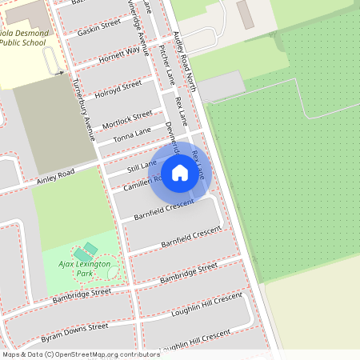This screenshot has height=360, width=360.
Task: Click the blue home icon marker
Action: [x=180, y=172]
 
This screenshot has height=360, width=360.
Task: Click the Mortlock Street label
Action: [x=127, y=119]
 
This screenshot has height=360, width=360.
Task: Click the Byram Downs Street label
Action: [x=74, y=330]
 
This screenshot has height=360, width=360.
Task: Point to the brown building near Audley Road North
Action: [x=244, y=14]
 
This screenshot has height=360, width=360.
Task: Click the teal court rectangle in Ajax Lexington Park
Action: [x=90, y=249]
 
